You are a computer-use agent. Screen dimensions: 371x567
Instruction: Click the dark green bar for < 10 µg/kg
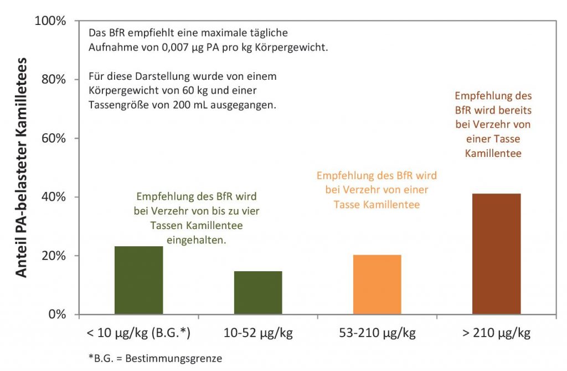click(138, 281)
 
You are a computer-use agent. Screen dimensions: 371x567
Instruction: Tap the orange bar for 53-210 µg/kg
click(377, 284)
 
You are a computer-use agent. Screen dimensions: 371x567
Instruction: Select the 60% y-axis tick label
click(53, 138)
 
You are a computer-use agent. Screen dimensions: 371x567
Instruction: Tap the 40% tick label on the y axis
click(53, 197)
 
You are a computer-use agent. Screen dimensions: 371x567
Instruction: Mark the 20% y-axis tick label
click(53, 256)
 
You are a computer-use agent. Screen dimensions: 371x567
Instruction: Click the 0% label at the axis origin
click(56, 314)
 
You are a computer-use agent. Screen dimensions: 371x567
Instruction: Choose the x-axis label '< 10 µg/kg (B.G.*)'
click(138, 333)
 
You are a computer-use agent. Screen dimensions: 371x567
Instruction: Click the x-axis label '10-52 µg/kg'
click(258, 333)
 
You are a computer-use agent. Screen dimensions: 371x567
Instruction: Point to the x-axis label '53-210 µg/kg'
click(377, 333)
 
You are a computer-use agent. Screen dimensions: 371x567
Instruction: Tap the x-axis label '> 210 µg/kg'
click(497, 333)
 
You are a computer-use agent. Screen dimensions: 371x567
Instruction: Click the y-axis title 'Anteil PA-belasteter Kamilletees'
click(21, 167)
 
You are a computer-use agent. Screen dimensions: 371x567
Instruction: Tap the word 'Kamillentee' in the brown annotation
click(493, 153)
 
